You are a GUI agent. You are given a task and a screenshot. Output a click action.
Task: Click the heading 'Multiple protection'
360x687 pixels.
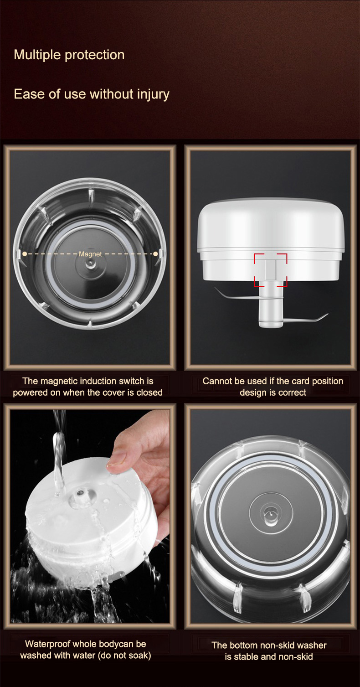coord(69,55)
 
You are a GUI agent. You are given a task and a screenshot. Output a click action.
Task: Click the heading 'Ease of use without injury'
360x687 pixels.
coord(92,94)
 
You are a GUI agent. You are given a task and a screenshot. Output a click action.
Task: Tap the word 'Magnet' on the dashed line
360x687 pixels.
coord(90,254)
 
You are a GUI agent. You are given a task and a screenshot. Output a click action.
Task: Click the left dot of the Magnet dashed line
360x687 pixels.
coord(25,254)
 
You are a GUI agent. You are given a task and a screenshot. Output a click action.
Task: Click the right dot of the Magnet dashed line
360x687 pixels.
coord(155,254)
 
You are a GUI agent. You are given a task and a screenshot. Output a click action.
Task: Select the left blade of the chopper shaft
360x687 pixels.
coord(237,295)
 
